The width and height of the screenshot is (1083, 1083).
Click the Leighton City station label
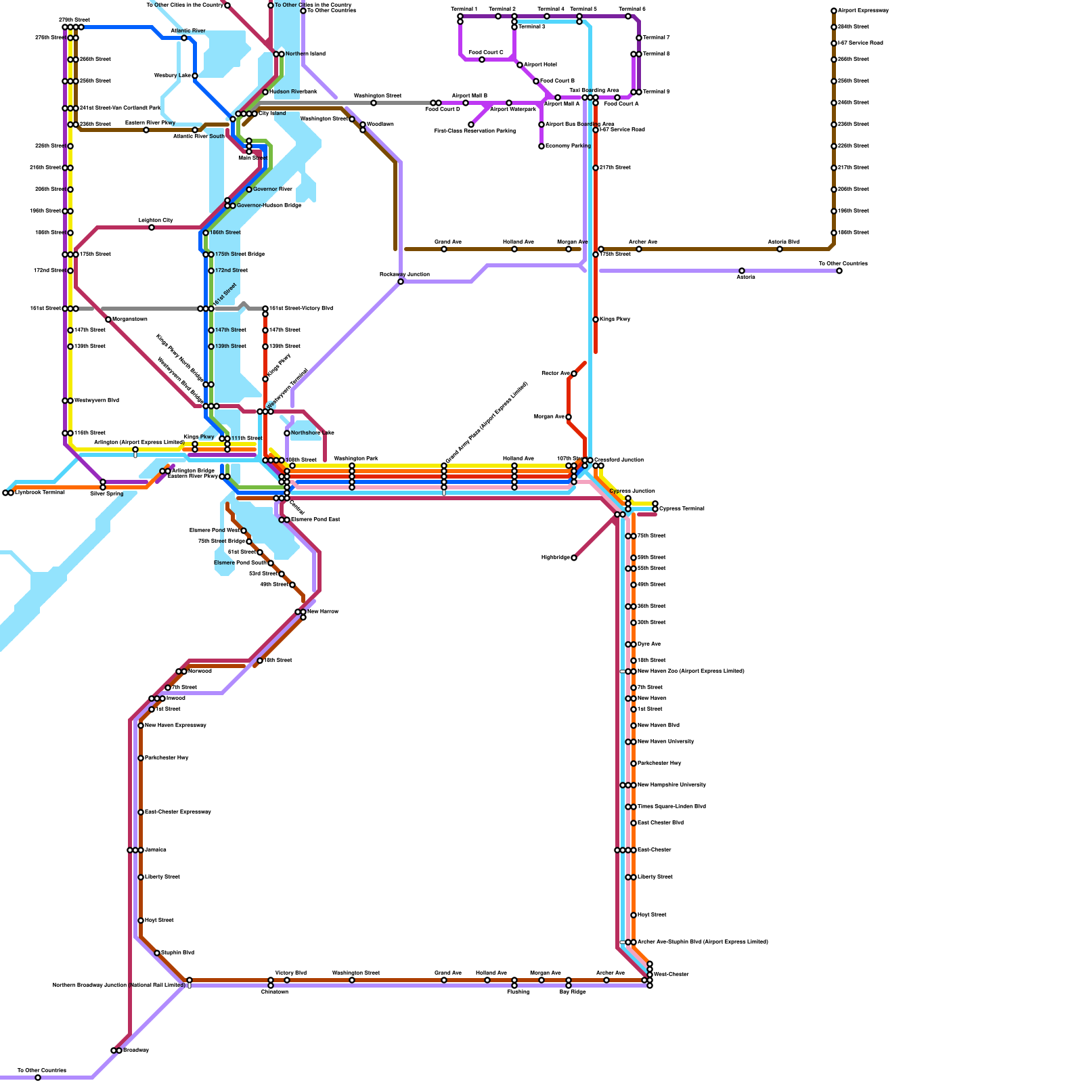coord(156,220)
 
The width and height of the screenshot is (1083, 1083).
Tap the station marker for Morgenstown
coord(108,319)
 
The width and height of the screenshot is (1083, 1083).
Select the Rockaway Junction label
coord(404,274)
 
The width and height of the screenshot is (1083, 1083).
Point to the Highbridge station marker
coord(574,558)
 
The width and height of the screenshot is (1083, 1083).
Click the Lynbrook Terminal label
coord(39,492)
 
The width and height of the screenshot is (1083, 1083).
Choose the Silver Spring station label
coord(107,493)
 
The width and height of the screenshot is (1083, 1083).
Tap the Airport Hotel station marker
coord(520,65)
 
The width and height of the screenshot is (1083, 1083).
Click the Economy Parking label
coord(568,146)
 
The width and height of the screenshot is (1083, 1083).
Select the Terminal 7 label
coord(656,37)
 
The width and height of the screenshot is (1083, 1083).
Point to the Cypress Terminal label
coord(682,508)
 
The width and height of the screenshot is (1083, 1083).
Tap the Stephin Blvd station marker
coord(157,953)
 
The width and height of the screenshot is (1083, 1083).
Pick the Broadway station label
coord(135,1050)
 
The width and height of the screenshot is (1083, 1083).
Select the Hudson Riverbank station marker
coord(265,92)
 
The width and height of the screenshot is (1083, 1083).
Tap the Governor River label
coord(273,189)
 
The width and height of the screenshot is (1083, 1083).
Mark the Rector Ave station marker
coord(574,374)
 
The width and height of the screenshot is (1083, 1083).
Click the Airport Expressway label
coord(863,10)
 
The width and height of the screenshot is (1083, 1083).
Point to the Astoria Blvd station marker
coord(780,249)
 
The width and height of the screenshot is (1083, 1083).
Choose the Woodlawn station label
coord(380,124)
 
